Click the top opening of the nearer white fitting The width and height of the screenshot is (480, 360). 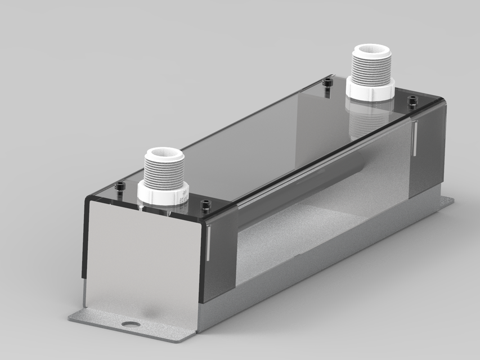pos(164,154)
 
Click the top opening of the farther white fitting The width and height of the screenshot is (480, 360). pos(371,50)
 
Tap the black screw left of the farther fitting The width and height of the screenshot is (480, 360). pos(328,84)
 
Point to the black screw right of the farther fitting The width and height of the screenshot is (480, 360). pos(412,101)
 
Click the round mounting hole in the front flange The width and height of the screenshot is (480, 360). pos(131,325)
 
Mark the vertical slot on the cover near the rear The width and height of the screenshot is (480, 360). pos(414,138)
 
